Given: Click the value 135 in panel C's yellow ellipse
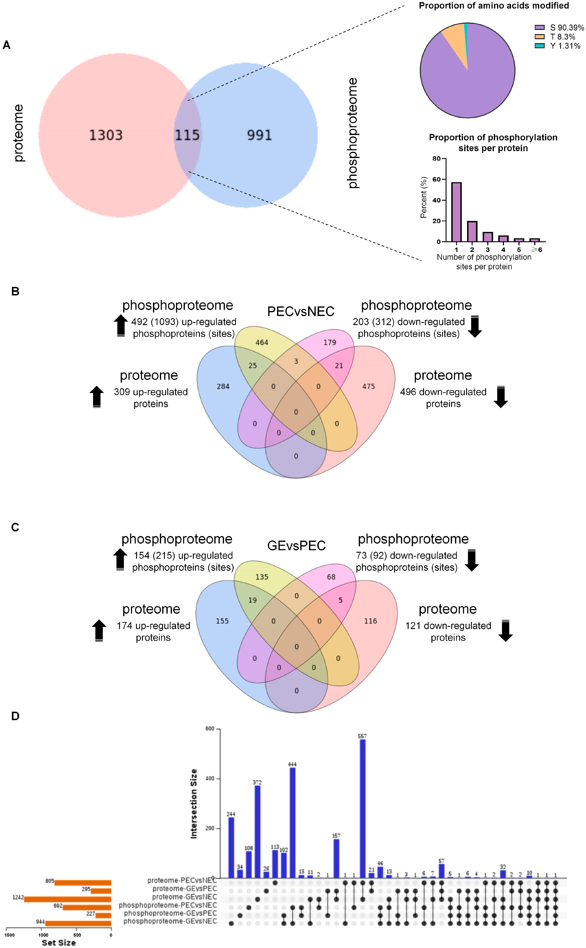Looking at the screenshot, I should [262, 577].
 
